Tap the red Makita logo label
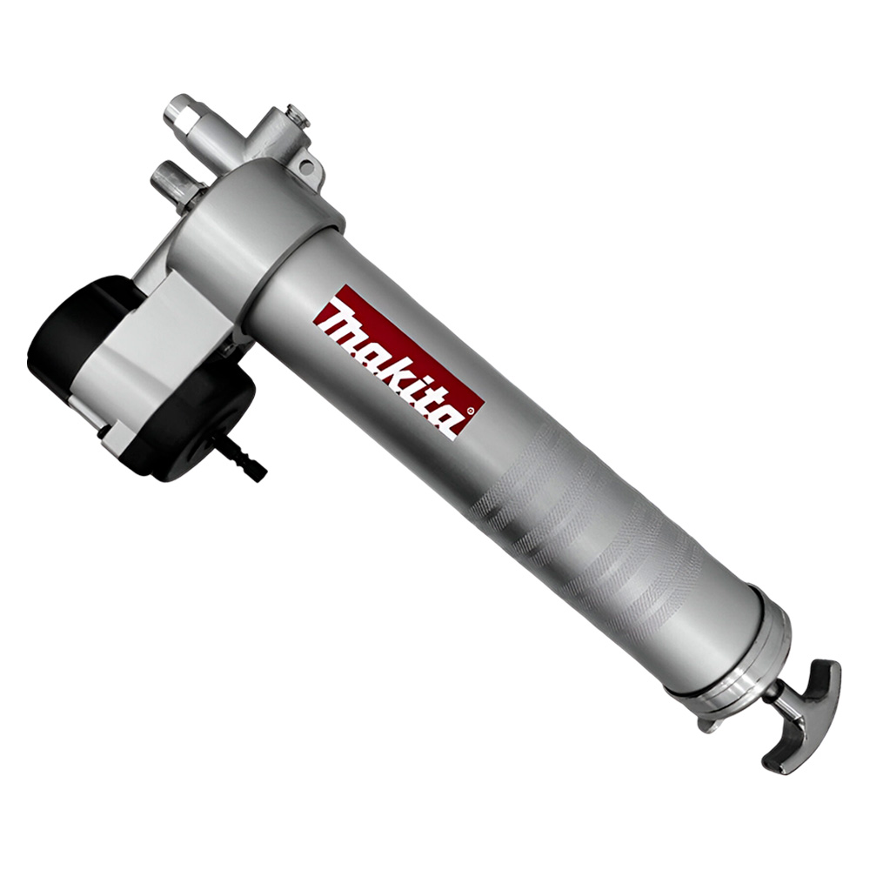(399, 365)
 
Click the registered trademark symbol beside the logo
(471, 411)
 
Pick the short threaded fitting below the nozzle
(170, 177)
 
